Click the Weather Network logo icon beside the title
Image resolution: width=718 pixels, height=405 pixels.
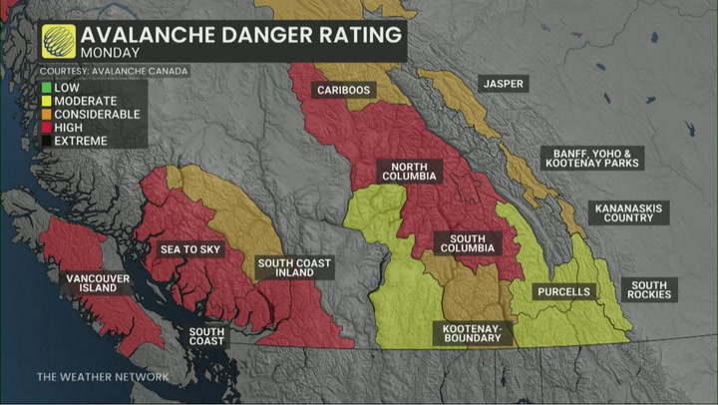tap(57, 40)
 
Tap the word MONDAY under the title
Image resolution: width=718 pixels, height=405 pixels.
tap(110, 51)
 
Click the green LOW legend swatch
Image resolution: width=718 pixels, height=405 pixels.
tap(46, 88)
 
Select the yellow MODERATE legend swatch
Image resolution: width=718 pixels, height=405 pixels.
tap(46, 101)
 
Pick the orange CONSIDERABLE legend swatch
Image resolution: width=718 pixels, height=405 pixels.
tap(46, 114)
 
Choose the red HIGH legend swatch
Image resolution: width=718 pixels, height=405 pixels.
tap(46, 127)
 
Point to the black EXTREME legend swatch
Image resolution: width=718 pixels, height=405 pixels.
tap(46, 141)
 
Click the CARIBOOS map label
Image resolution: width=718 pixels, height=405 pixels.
tap(344, 91)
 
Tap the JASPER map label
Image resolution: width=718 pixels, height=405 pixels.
tap(503, 84)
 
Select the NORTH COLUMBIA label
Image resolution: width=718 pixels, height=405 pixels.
tap(409, 171)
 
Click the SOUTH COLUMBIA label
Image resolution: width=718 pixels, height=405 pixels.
tap(467, 243)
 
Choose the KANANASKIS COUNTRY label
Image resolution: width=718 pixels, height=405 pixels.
tap(628, 212)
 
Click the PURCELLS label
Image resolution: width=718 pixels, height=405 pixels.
tap(562, 292)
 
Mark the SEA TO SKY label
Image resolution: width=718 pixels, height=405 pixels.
tap(190, 248)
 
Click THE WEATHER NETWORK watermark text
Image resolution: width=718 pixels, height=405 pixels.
tap(103, 377)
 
